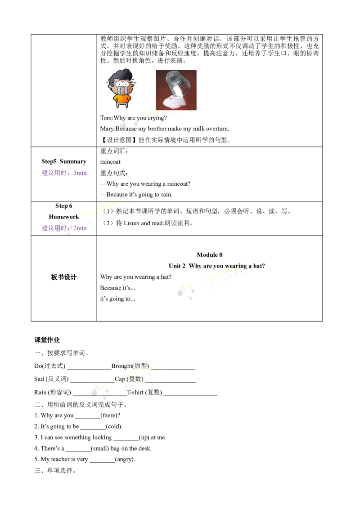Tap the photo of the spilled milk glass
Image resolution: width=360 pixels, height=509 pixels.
[176, 90]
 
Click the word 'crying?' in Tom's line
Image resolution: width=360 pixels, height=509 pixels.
[157, 118]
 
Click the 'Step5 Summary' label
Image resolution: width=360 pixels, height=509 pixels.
[64, 161]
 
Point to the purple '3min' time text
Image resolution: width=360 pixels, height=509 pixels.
[80, 173]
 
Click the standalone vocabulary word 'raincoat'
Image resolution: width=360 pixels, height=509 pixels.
[110, 162]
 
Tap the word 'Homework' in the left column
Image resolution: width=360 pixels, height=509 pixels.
[64, 217]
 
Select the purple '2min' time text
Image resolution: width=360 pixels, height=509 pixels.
[80, 228]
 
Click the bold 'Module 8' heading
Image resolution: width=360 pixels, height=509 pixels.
[210, 255]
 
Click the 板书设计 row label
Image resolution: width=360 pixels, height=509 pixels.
[64, 277]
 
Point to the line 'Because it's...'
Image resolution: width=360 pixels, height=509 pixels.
[117, 288]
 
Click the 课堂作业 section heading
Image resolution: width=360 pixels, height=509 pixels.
[47, 340]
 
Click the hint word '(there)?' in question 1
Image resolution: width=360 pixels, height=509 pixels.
[110, 415]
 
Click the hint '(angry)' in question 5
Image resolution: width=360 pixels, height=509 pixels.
[125, 460]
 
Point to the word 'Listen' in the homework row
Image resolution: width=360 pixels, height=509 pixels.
[131, 223]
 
